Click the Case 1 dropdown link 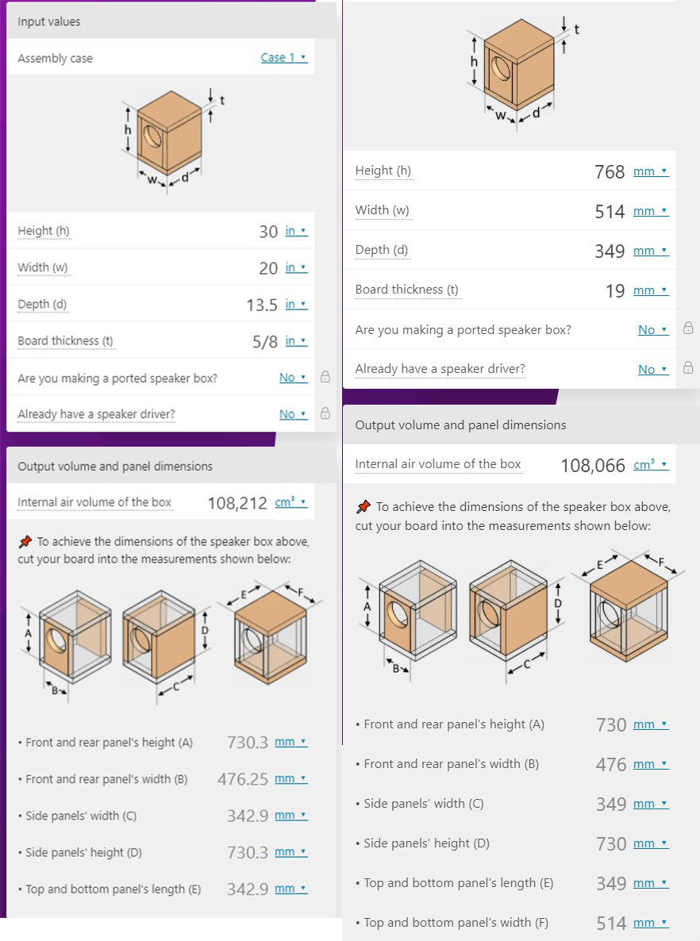[x=283, y=58]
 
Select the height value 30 [x=268, y=232]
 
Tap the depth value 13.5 [x=262, y=305]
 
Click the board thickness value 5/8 [x=265, y=341]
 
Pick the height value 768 [x=610, y=171]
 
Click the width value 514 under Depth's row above [x=610, y=211]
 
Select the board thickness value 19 [x=615, y=290]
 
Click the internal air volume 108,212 [x=237, y=503]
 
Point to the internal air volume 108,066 [x=593, y=466]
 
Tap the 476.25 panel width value [x=243, y=779]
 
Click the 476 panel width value [x=611, y=764]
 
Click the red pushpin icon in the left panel [x=25, y=542]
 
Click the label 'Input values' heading [x=49, y=22]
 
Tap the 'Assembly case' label [x=55, y=59]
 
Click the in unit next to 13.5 [x=295, y=305]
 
